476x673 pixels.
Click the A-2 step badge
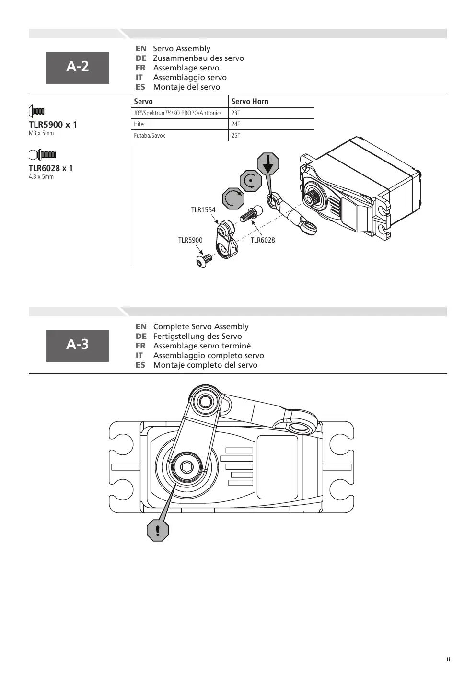(78, 68)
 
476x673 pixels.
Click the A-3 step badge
(78, 346)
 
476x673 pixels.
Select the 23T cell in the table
(236, 113)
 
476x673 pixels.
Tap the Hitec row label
(140, 124)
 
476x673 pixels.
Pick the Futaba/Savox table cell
(150, 136)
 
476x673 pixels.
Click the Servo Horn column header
(250, 102)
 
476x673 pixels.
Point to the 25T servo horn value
(236, 136)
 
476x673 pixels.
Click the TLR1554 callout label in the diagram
(203, 209)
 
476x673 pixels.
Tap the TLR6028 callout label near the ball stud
(263, 240)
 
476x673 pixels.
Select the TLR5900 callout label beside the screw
(190, 240)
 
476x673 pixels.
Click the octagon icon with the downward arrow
(268, 163)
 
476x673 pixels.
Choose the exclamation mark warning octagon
(158, 530)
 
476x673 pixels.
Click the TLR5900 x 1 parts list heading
(53, 125)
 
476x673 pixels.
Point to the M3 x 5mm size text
(41, 133)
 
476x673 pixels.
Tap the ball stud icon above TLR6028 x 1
(42, 155)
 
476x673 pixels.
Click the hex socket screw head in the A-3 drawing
(187, 467)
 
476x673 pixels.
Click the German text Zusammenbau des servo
(198, 58)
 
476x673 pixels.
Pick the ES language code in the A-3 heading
(140, 365)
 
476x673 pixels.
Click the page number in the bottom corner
(448, 660)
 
